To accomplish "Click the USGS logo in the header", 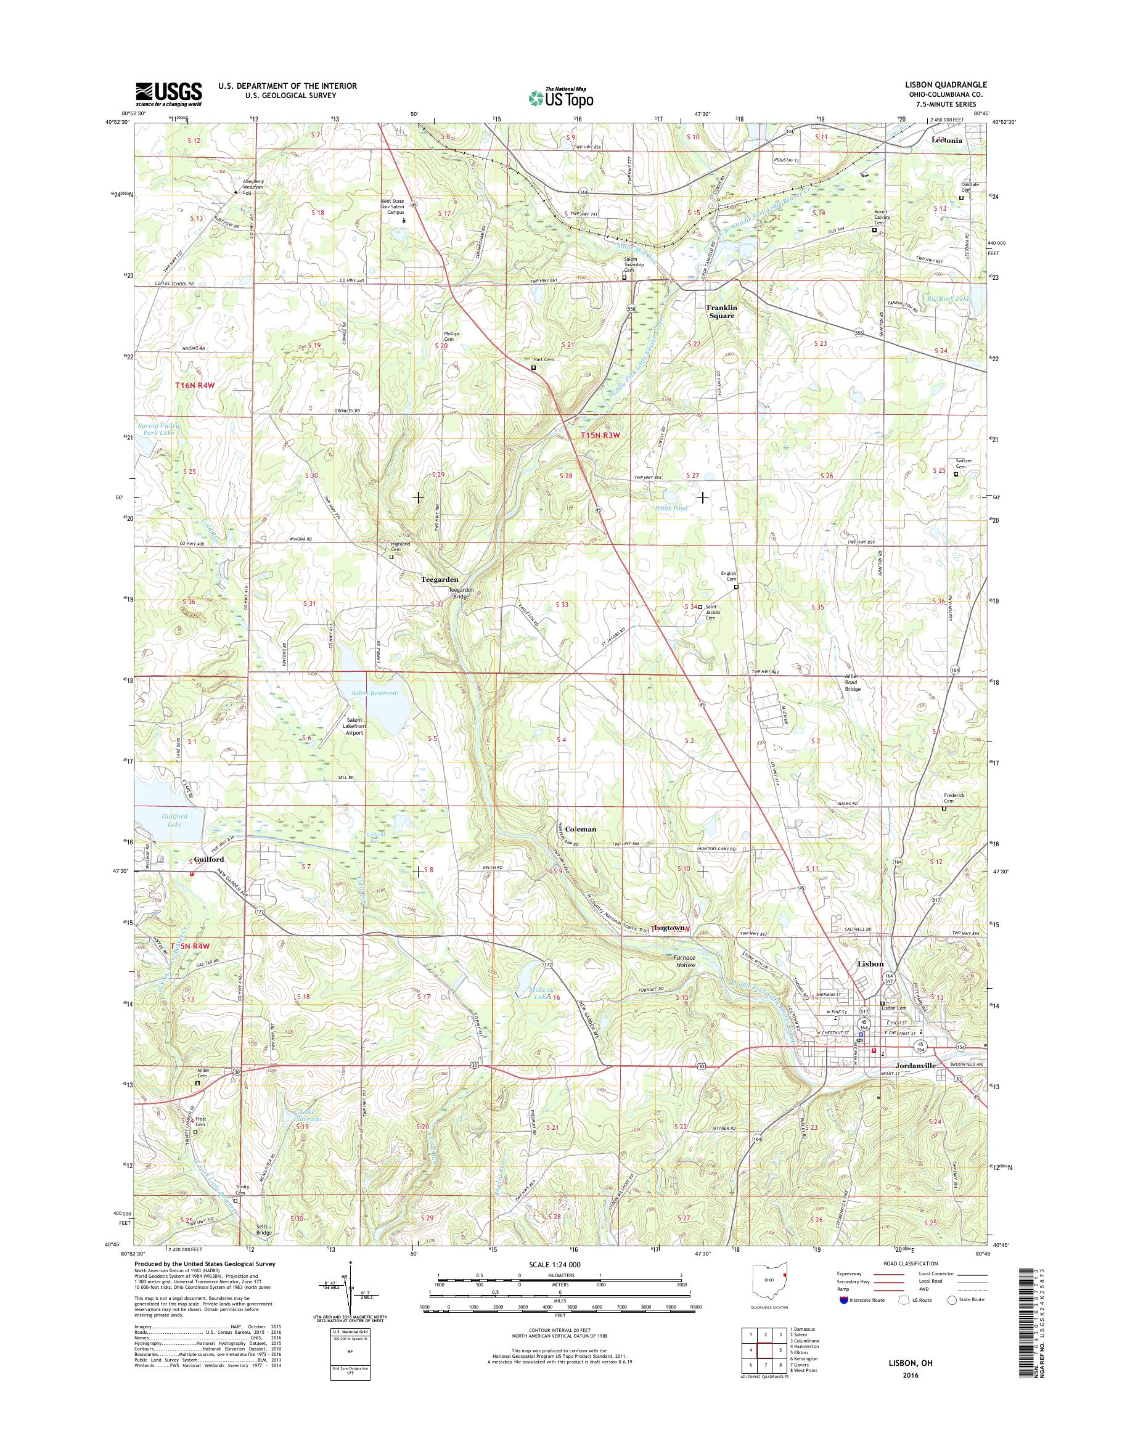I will click(x=169, y=94).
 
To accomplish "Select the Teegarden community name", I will click(x=440, y=580).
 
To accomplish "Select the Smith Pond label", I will click(x=669, y=508).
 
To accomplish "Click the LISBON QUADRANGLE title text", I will click(x=949, y=86).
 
